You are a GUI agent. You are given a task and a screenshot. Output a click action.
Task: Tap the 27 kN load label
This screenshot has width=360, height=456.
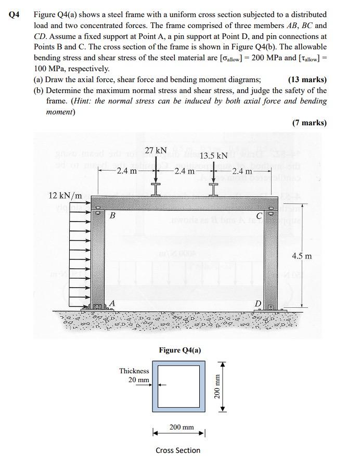(155, 151)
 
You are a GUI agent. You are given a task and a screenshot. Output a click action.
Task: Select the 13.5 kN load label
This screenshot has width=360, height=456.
(213, 155)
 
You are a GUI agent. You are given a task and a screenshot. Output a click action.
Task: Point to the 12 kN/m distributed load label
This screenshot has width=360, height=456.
(65, 196)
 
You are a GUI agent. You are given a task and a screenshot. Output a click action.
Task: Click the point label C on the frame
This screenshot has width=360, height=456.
(258, 216)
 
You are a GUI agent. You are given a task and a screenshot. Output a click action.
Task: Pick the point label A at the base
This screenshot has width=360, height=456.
(111, 303)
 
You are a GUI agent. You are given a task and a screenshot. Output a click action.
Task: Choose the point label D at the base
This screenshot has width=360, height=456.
(258, 303)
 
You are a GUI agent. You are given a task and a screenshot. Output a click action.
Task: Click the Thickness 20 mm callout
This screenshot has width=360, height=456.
(135, 375)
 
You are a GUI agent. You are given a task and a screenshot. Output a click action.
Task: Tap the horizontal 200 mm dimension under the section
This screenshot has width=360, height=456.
(182, 427)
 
